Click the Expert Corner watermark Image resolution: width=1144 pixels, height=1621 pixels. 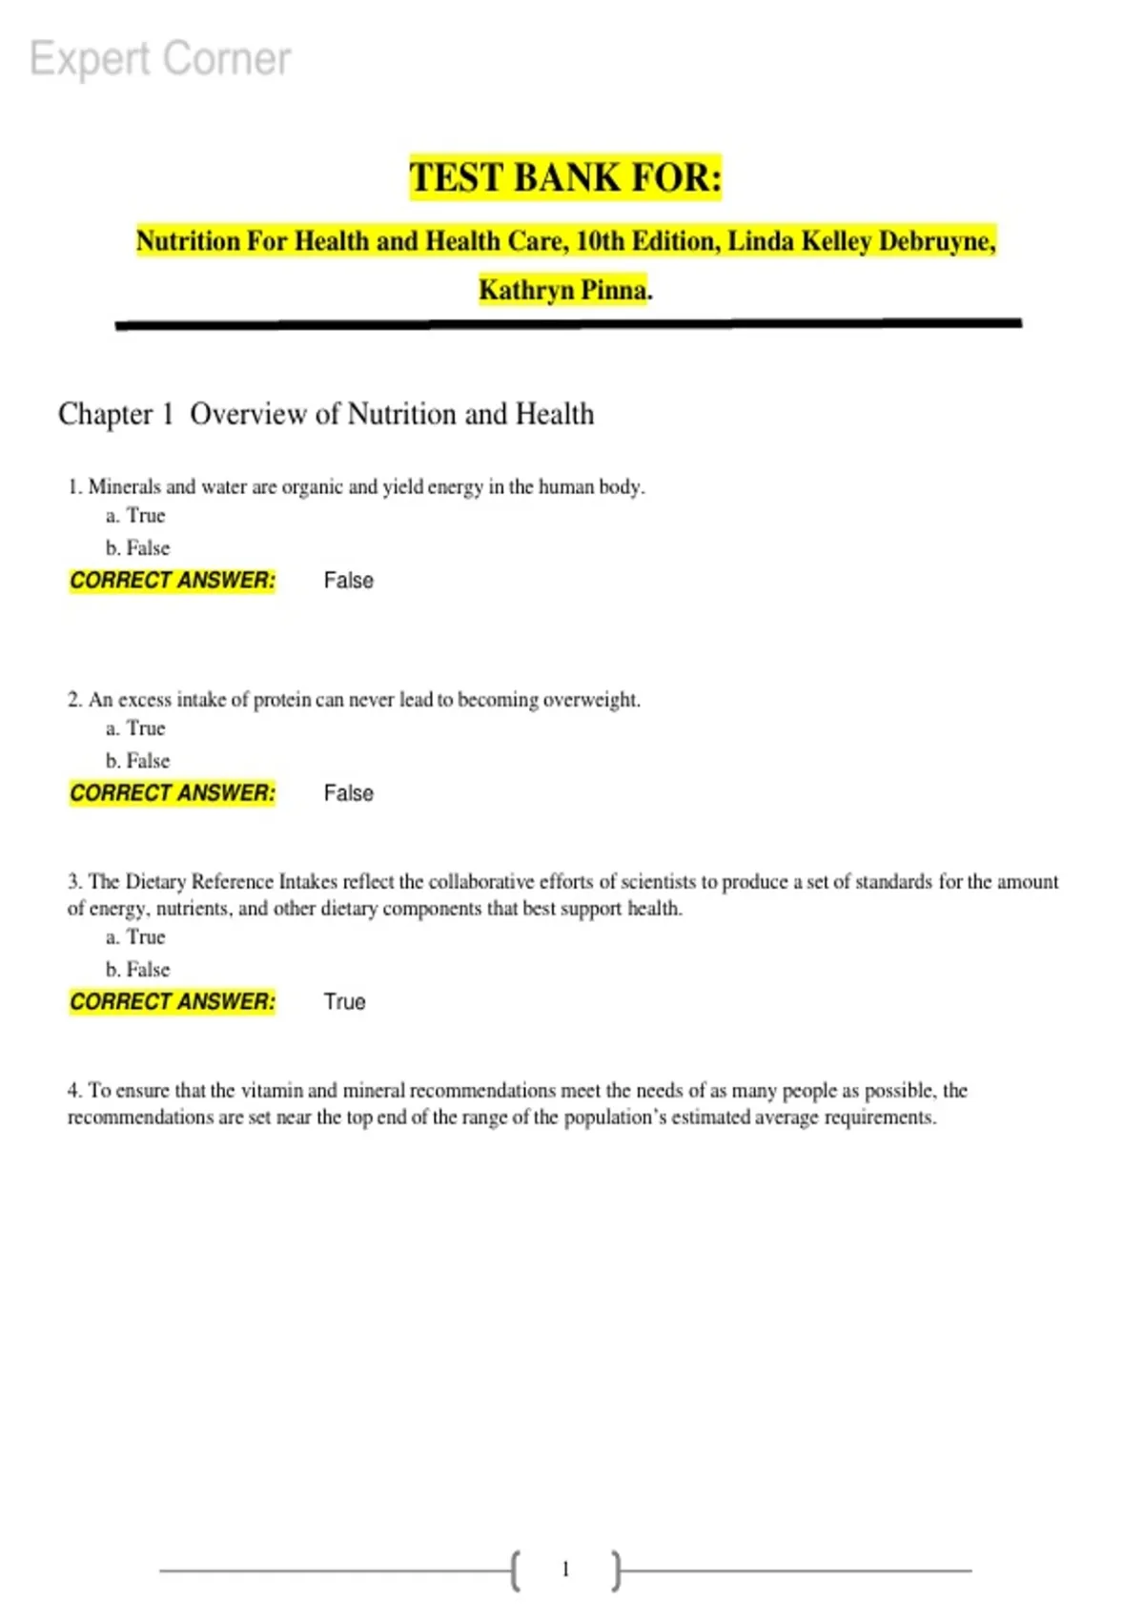tap(160, 59)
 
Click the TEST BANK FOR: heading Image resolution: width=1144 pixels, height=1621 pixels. tap(565, 178)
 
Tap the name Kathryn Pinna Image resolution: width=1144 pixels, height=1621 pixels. tap(563, 289)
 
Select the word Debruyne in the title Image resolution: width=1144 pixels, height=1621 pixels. tap(935, 241)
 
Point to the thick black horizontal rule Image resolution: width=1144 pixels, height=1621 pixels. tap(568, 324)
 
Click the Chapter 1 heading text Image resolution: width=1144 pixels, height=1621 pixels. tap(326, 414)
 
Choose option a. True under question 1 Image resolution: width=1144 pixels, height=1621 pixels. tap(135, 516)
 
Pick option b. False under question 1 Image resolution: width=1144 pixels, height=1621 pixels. tap(137, 548)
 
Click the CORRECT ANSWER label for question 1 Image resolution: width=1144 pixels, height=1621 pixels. tap(173, 581)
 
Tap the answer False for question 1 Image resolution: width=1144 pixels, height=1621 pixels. tap(348, 581)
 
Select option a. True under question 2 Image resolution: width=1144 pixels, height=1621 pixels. tap(135, 728)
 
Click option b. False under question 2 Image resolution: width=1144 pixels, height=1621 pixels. tap(137, 761)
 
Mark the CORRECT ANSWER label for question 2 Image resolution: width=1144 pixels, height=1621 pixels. tap(173, 793)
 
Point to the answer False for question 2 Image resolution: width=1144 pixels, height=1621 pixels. tap(348, 793)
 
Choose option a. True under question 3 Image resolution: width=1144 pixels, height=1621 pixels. tap(135, 937)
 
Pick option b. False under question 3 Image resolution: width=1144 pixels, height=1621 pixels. tap(137, 970)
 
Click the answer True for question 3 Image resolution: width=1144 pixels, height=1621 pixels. tap(344, 1002)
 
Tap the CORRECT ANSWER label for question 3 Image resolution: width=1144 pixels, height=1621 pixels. tap(173, 1002)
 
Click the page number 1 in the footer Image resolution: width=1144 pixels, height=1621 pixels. tap(565, 1570)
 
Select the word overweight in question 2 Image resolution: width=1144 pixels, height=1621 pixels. tap(591, 700)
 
